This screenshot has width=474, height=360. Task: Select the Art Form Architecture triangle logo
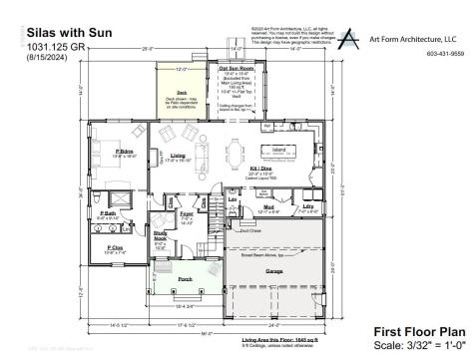pyautogui.click(x=346, y=38)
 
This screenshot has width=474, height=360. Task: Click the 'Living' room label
pyautogui.click(x=178, y=156)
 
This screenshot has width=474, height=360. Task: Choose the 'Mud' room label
pyautogui.click(x=265, y=207)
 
